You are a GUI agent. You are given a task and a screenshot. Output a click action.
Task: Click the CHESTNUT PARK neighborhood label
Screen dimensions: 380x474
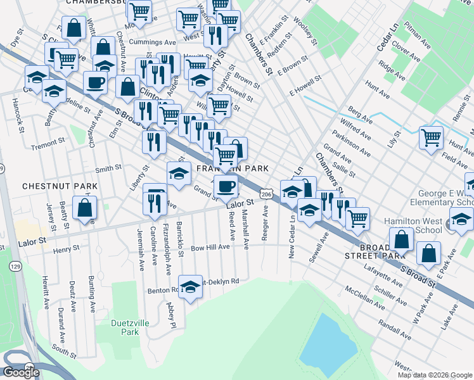tap(60, 186)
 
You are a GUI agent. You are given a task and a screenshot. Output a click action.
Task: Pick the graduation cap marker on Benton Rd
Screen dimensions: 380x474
tap(189, 288)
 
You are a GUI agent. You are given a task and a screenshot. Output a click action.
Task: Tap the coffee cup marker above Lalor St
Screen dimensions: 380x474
tap(226, 186)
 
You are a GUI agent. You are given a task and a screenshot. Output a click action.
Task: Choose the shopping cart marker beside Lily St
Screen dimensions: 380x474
tap(431, 136)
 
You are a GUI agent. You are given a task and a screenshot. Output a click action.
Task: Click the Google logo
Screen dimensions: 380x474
tap(21, 372)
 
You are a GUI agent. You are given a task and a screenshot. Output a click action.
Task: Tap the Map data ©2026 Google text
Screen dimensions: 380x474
tap(435, 375)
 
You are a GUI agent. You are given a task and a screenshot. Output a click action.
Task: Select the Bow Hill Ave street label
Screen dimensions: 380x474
tap(210, 247)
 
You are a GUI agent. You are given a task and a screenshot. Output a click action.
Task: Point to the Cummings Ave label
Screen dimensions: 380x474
tap(152, 42)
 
